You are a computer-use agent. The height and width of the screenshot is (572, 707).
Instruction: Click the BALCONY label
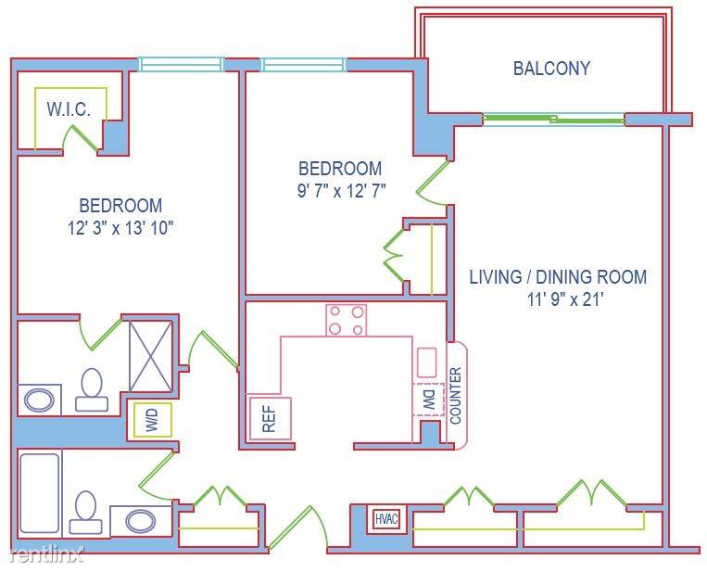point(551,68)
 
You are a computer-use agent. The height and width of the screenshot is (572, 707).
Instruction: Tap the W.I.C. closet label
point(69,109)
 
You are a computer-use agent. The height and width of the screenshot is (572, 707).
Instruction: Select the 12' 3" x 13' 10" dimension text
point(120,228)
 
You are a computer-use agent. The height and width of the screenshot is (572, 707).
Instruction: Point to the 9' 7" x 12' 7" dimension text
point(341,191)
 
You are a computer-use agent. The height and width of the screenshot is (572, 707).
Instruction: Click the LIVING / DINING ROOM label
point(558,276)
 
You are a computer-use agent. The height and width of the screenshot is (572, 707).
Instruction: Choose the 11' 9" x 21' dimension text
point(565,299)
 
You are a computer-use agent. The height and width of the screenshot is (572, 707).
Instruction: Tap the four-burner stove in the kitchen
point(347,320)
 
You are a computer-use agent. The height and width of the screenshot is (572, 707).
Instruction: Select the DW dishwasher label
point(429,400)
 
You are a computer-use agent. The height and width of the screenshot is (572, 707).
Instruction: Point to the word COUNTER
point(456,396)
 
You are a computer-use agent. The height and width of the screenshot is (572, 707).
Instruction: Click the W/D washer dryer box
point(152,420)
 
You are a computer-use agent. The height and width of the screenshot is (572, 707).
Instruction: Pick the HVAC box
point(387,519)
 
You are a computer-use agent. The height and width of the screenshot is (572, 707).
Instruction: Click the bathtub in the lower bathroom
point(40,493)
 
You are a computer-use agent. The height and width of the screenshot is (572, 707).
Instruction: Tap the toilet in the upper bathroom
point(92,389)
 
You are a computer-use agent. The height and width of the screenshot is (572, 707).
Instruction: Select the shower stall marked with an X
point(151,356)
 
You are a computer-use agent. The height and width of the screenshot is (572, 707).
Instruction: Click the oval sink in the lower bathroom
point(141,521)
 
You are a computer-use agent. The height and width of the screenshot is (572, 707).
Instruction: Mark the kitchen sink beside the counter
point(426,362)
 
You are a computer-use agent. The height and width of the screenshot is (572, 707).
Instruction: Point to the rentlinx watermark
point(46,554)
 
